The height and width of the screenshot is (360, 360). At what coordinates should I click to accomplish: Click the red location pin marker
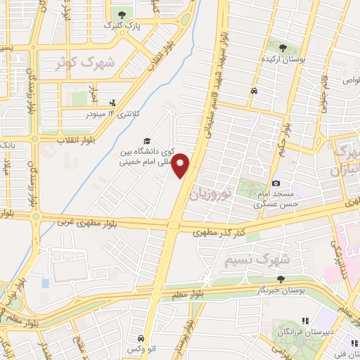(181, 166)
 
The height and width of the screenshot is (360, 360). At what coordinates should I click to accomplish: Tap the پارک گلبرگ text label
(122, 25)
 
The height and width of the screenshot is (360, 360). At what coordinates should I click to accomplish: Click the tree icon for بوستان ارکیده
(283, 48)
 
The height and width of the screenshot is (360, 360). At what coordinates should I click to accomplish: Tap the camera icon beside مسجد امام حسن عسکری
(276, 183)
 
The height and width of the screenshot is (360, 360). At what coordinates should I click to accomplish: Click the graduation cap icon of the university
(147, 140)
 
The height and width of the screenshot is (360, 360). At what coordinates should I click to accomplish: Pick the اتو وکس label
(142, 349)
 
